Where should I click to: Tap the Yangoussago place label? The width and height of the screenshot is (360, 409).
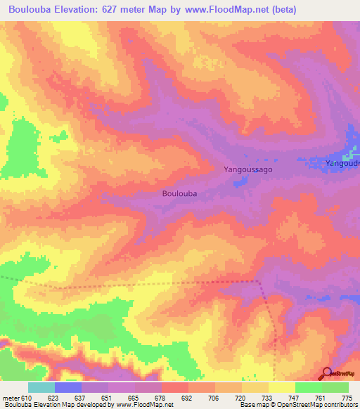coord(247,169)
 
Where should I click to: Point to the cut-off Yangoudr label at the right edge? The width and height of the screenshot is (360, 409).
coord(342,164)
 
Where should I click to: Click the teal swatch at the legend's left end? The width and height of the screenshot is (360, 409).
coord(41,387)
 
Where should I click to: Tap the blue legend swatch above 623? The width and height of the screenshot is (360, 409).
coord(68,387)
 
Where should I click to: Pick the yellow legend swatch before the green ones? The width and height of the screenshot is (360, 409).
coord(282,387)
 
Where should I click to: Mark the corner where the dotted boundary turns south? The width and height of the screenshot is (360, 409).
coord(259,281)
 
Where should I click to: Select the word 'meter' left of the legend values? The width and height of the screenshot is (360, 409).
coord(10,398)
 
